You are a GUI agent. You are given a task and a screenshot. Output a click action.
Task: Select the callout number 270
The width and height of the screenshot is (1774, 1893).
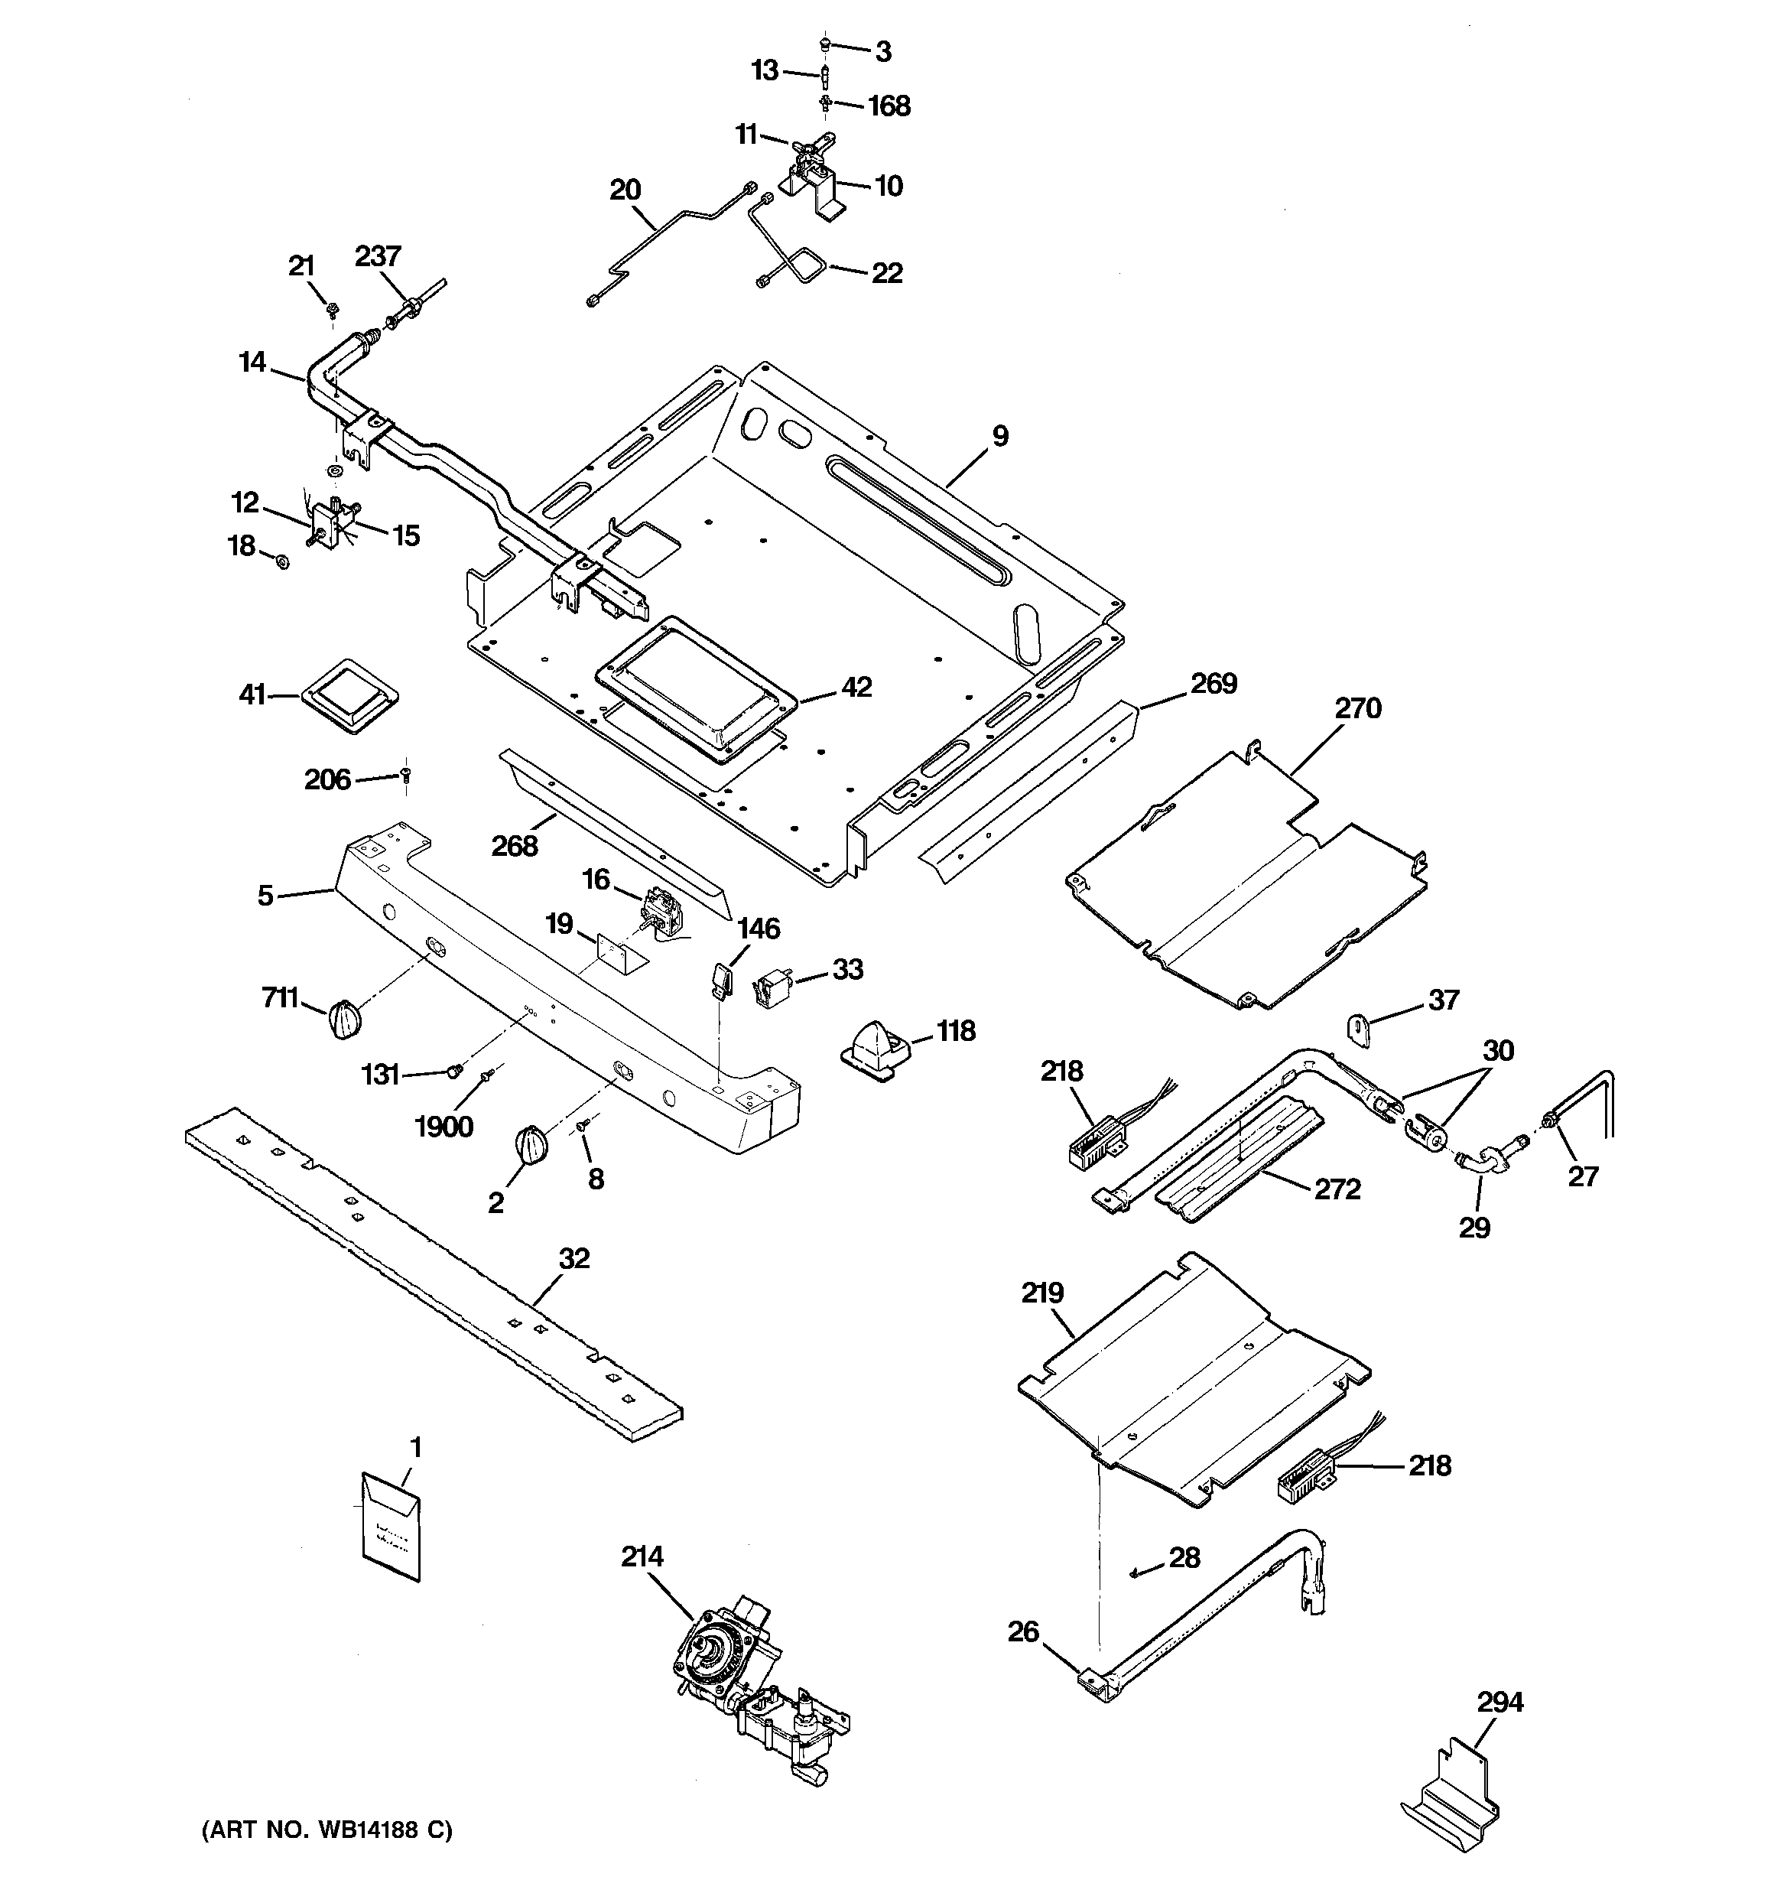1357,707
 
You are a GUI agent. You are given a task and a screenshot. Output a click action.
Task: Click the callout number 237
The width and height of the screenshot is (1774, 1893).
378,256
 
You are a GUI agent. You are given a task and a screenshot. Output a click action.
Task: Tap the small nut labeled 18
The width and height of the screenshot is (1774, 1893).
282,561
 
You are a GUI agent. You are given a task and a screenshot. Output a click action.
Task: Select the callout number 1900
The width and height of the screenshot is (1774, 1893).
443,1127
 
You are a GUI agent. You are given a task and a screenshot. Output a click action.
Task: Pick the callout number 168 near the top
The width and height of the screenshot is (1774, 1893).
889,106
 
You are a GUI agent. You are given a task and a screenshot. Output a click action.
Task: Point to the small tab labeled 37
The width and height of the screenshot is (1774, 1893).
1359,1030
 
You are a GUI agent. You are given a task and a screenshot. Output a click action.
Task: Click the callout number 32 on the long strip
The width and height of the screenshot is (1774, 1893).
574,1258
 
